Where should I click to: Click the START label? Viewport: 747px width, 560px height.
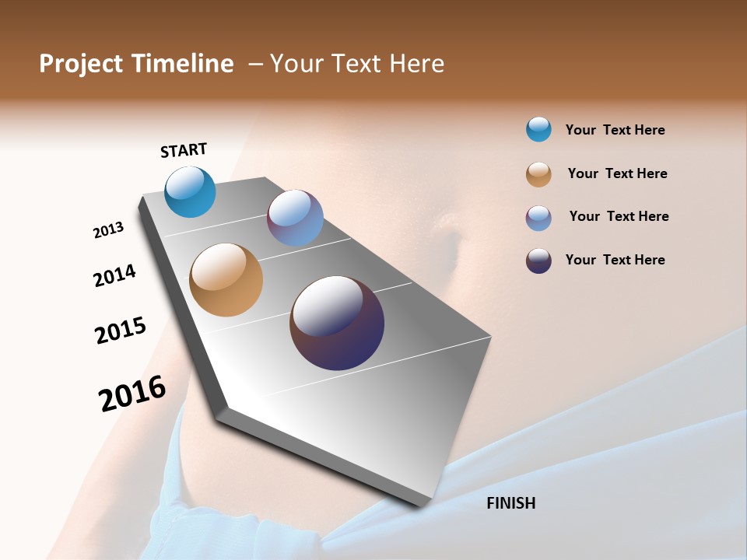pos(184,150)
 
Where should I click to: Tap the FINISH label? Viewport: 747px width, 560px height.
pos(510,503)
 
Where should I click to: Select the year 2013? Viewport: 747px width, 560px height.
pos(108,230)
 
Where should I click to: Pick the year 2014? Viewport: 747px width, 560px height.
pos(114,275)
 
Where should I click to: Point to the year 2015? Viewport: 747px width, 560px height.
pos(121,330)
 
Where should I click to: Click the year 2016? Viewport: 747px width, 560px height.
pos(132,394)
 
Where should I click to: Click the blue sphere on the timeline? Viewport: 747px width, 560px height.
pos(191,191)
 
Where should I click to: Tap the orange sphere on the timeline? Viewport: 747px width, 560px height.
pos(226,280)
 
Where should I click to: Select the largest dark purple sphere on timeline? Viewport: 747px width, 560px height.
pos(337,323)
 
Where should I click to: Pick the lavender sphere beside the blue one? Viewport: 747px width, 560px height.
pos(295,218)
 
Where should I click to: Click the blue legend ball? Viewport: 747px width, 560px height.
pos(538,129)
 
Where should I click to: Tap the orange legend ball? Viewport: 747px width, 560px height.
pos(538,174)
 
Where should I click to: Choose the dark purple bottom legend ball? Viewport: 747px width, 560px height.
pos(538,261)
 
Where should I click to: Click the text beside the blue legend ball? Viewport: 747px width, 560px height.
pos(615,130)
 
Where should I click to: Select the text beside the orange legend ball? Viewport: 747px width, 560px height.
pos(617,173)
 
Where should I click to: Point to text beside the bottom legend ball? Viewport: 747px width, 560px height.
pos(615,260)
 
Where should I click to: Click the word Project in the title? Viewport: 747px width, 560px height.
pos(82,64)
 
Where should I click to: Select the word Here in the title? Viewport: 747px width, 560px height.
pos(416,64)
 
